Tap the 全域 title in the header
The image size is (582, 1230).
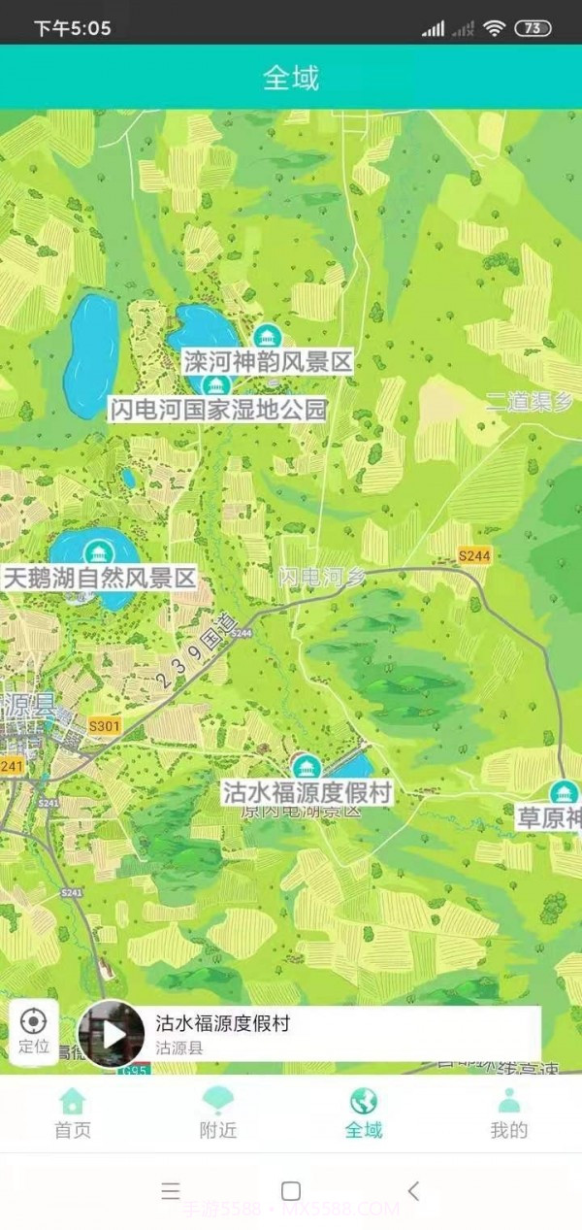(291, 78)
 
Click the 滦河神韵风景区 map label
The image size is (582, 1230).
(267, 363)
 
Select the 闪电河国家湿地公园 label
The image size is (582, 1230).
(217, 410)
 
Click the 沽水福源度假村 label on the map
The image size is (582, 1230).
(307, 793)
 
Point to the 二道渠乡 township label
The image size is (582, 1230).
(530, 402)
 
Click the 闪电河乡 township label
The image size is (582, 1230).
(323, 576)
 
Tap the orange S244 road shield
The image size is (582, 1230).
(474, 555)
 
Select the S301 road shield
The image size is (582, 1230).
(104, 726)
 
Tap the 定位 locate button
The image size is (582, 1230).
(34, 1030)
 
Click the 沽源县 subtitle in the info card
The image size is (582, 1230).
(179, 1048)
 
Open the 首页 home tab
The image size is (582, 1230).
(73, 1113)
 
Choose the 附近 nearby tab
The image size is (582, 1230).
(218, 1113)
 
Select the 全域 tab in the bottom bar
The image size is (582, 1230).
(364, 1113)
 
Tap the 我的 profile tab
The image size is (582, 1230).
(509, 1113)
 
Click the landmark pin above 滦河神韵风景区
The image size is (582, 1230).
(265, 337)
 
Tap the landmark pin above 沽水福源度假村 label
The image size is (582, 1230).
(307, 767)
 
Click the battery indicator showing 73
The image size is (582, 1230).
(532, 28)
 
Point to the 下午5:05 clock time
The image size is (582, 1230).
(73, 28)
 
